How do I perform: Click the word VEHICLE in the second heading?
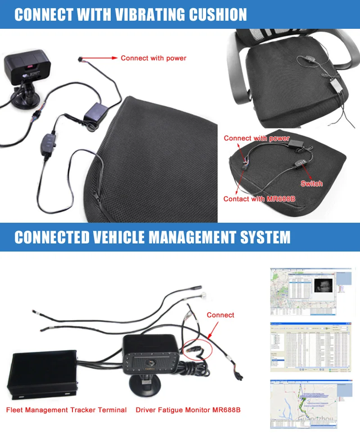click(x=128, y=237)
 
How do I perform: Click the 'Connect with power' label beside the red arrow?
click(x=153, y=58)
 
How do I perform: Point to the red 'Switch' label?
click(x=311, y=184)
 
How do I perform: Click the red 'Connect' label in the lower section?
click(x=220, y=315)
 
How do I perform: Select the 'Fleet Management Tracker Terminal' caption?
click(x=66, y=410)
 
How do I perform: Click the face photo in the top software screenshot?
click(x=323, y=286)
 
